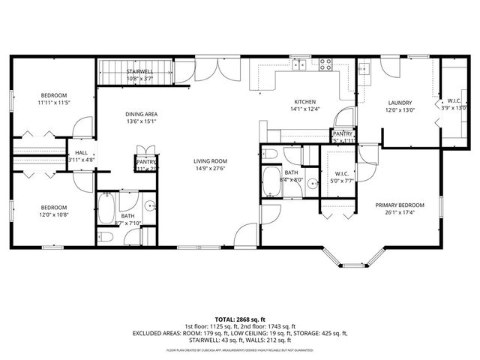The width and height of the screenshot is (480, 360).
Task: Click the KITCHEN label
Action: click(x=304, y=101)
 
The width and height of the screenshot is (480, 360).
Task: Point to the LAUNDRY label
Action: click(x=400, y=103)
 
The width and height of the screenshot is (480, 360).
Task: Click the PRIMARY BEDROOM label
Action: click(x=400, y=205)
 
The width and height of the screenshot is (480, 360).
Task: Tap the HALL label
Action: click(x=81, y=152)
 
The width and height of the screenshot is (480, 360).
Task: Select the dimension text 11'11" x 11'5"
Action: click(x=54, y=103)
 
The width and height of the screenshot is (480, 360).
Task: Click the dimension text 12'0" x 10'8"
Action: click(x=53, y=215)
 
